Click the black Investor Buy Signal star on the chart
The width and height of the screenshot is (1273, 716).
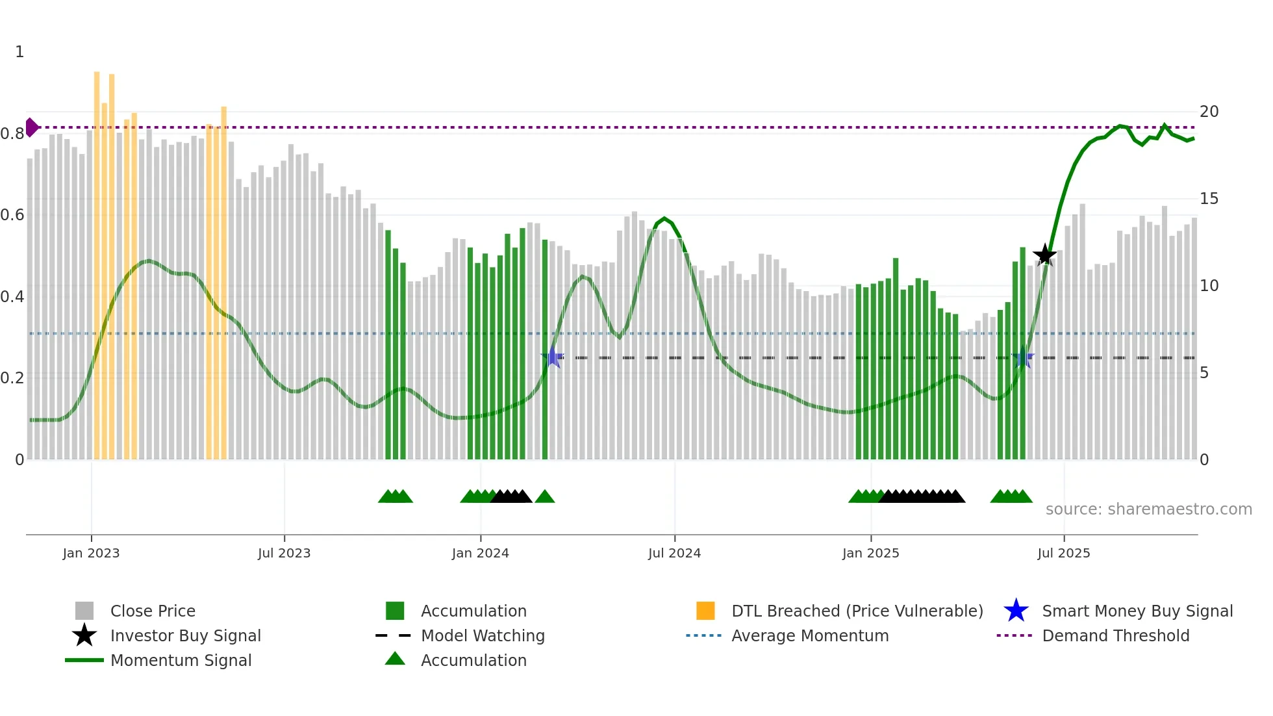pos(1044,255)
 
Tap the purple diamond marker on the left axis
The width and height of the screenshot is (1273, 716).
pos(31,127)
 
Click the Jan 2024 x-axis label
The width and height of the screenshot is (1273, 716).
pos(480,553)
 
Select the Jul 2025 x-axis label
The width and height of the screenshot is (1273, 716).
pos(1063,553)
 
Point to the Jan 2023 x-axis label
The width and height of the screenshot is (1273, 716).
pos(91,553)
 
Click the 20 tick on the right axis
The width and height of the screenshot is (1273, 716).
pos(1209,112)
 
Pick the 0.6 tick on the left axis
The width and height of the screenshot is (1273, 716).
pos(13,215)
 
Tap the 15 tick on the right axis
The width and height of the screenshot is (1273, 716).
pos(1209,199)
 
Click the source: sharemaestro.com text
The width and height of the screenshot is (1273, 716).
pos(1148,509)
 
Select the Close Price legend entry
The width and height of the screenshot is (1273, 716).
pos(153,611)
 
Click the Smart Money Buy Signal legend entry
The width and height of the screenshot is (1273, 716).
pos(1137,611)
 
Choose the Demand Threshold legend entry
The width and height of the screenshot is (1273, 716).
pos(1115,635)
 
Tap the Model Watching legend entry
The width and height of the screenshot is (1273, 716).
pos(483,635)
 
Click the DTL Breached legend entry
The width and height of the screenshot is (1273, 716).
pos(857,611)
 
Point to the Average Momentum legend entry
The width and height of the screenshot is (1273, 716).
pos(809,635)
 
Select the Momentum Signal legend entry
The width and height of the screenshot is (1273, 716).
pos(181,660)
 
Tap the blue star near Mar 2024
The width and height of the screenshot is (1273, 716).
pos(553,357)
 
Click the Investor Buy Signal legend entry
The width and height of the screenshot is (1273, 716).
pos(185,635)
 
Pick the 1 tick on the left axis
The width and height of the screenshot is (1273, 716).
pos(19,52)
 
